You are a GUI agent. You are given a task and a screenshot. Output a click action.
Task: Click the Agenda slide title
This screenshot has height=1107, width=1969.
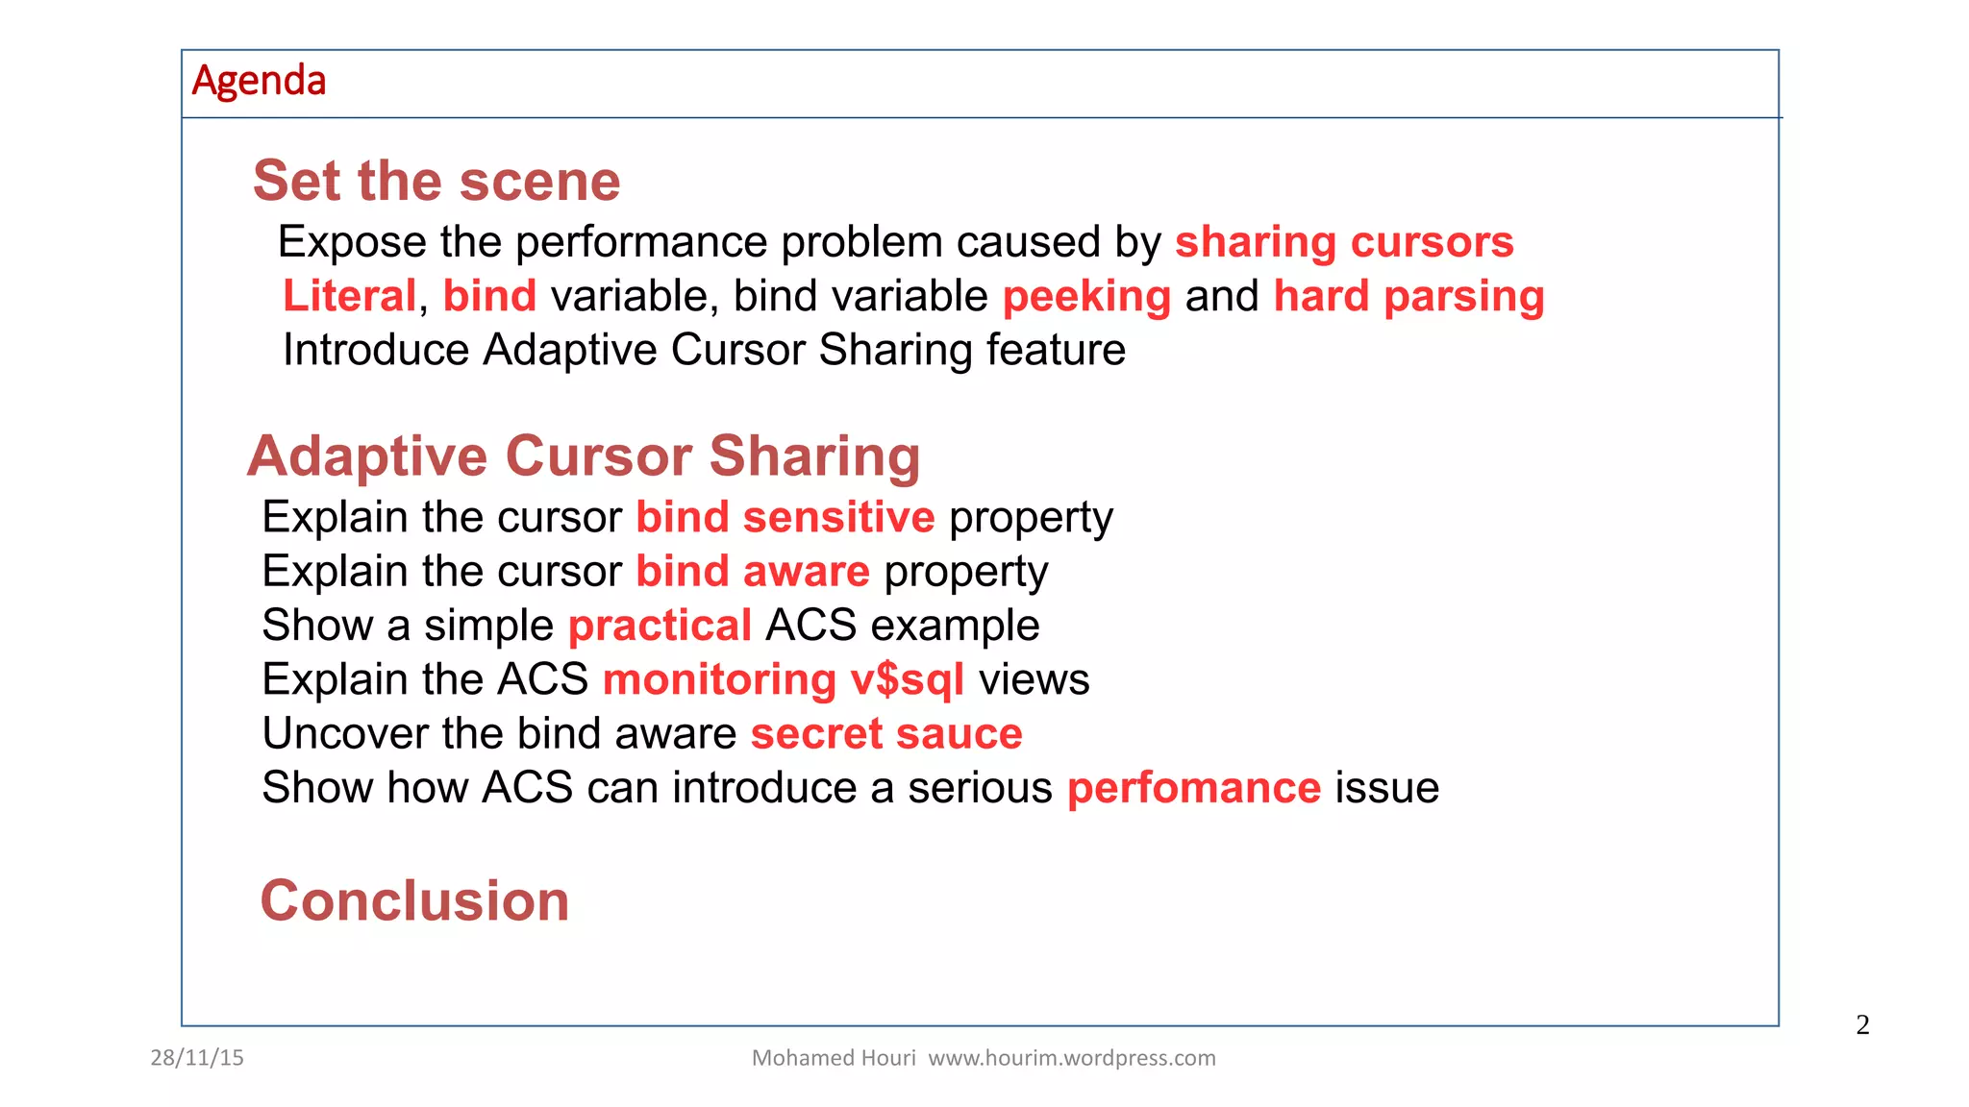click(x=259, y=81)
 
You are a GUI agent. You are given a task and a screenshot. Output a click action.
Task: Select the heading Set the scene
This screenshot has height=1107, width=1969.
click(x=436, y=181)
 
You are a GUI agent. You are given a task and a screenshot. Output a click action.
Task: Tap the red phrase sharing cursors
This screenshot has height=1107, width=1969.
click(x=1344, y=242)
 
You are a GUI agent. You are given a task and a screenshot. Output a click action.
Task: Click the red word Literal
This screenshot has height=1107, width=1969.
click(x=349, y=296)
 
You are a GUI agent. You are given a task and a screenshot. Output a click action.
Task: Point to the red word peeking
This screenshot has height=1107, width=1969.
click(x=1086, y=296)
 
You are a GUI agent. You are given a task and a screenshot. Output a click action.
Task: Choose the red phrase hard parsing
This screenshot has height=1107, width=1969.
click(x=1408, y=296)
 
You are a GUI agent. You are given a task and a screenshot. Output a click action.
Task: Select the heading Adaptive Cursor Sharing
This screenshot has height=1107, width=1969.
click(x=584, y=455)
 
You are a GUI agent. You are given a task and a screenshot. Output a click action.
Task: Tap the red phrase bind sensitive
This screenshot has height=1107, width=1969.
click(x=785, y=518)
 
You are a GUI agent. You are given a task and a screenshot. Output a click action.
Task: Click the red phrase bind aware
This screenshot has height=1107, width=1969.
click(x=752, y=572)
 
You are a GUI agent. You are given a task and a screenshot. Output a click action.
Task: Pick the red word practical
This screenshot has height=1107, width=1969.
click(x=660, y=626)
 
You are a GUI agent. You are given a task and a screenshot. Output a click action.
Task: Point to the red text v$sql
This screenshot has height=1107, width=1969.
click(x=907, y=680)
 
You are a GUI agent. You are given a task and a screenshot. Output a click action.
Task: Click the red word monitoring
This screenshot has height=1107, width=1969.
click(x=719, y=680)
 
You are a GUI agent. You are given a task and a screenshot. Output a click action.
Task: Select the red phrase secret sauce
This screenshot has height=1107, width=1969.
click(x=885, y=734)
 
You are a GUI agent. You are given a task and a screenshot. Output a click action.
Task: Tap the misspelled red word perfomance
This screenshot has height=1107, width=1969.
click(x=1193, y=788)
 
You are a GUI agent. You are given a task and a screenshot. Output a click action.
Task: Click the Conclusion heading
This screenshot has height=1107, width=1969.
click(x=414, y=901)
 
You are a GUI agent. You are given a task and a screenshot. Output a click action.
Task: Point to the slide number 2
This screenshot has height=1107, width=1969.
click(x=1862, y=1025)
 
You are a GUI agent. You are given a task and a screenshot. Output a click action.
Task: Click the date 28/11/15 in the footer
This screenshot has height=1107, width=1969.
click(x=197, y=1058)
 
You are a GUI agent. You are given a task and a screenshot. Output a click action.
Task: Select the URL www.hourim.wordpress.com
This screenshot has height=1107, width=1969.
click(x=1071, y=1058)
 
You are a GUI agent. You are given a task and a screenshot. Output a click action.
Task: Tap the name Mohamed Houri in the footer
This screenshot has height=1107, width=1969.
click(x=833, y=1058)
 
